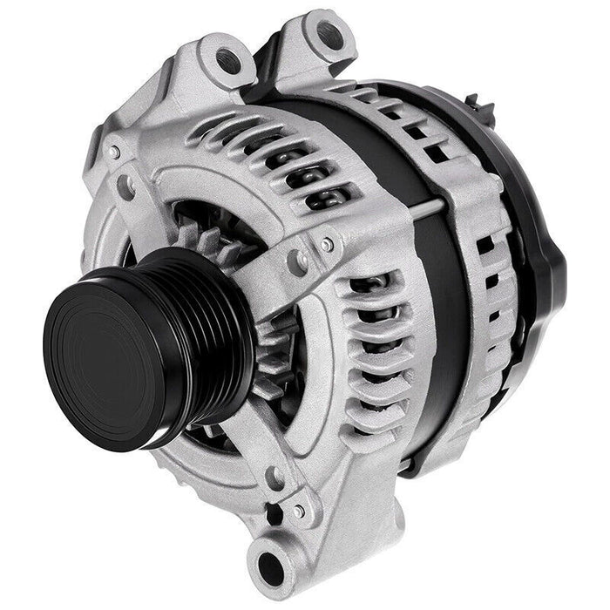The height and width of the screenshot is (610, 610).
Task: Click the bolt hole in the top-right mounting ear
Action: click(x=328, y=34)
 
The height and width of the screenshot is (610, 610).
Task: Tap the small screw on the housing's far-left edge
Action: click(x=115, y=152)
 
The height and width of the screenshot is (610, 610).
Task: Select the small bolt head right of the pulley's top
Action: click(x=327, y=247)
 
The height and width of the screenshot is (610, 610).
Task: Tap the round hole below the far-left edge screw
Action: click(x=126, y=186)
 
